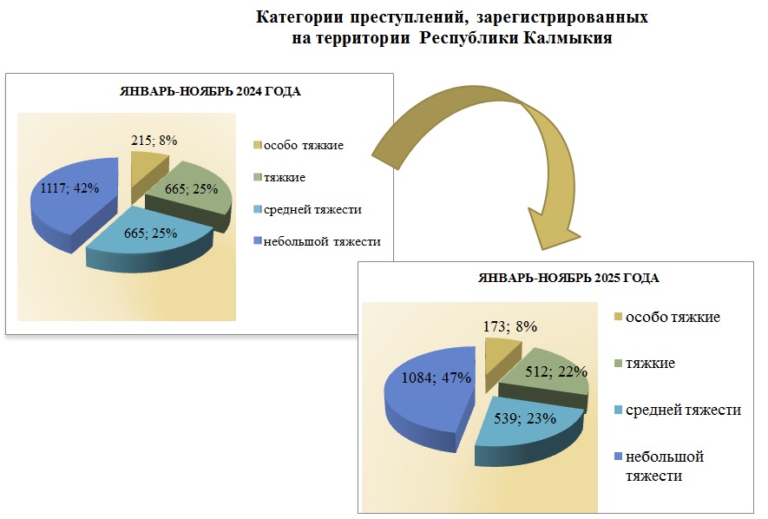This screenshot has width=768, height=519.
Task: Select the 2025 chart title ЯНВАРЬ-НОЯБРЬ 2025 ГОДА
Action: (x=568, y=279)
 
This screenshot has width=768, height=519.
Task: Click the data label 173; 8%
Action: (x=509, y=327)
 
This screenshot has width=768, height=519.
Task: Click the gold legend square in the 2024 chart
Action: (x=257, y=145)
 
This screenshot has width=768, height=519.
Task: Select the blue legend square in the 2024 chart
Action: (x=257, y=241)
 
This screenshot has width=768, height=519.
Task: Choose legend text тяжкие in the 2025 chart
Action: (x=651, y=363)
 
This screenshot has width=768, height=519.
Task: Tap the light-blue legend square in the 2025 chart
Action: (x=619, y=410)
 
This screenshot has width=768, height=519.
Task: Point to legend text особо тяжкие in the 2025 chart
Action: (x=673, y=317)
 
